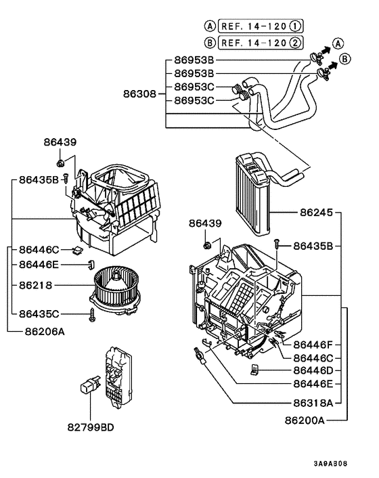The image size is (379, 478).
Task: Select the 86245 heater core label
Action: pyautogui.click(x=317, y=213)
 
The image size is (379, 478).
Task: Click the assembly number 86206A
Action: pyautogui.click(x=45, y=332)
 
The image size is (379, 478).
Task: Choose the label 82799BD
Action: pyautogui.click(x=91, y=428)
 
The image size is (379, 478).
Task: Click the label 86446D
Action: pyautogui.click(x=312, y=371)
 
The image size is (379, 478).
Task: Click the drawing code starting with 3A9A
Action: pyautogui.click(x=330, y=465)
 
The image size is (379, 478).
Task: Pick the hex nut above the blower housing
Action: pyautogui.click(x=61, y=162)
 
